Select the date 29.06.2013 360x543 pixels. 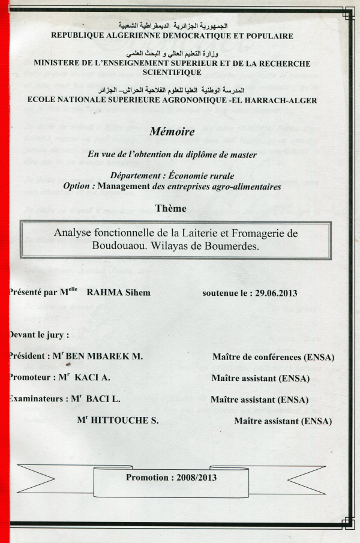[x=276, y=293]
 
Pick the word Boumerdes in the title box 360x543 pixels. [x=229, y=245]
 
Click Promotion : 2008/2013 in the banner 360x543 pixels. [x=172, y=478]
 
